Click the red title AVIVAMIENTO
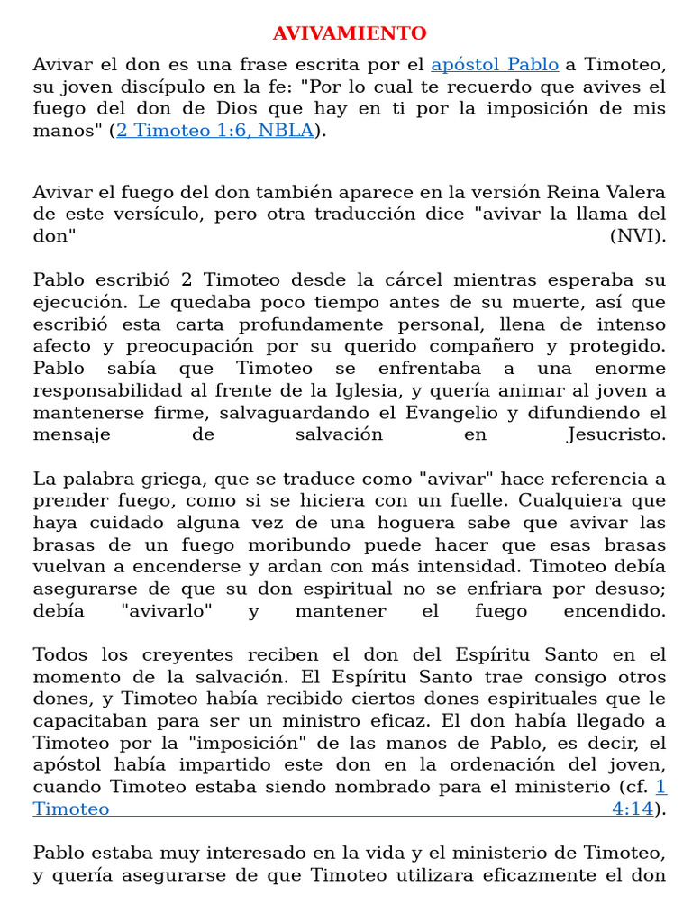click(350, 34)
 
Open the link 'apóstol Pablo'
click(495, 65)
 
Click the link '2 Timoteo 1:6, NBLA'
click(214, 131)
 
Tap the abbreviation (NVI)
click(637, 236)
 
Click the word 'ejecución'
click(76, 303)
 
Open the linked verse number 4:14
click(632, 809)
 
